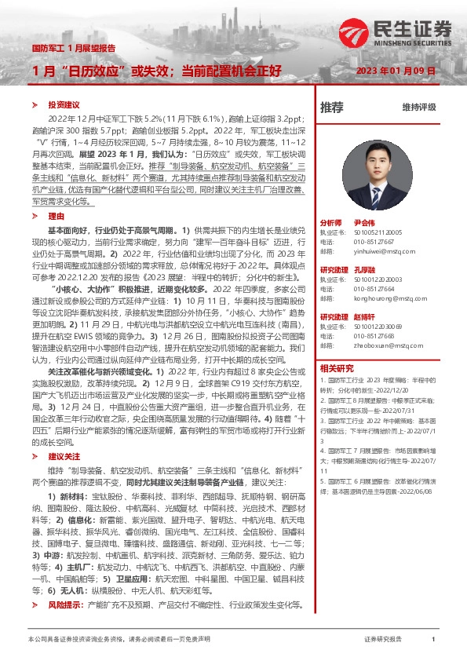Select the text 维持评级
(x=418, y=107)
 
